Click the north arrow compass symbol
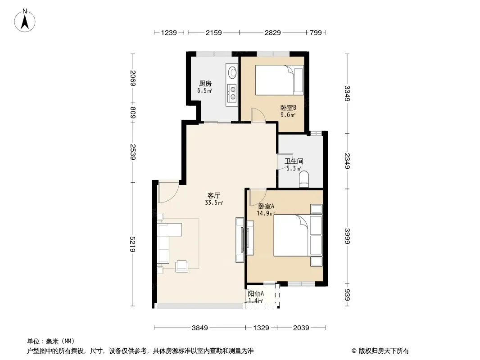[25, 20]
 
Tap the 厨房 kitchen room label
[205, 84]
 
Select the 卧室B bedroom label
[288, 108]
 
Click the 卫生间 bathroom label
[294, 161]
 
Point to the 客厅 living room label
[214, 195]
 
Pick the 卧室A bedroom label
[266, 207]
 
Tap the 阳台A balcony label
[256, 294]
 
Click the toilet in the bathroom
[304, 179]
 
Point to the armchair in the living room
[182, 266]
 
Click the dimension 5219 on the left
[132, 244]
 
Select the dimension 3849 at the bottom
[199, 328]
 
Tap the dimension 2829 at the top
[272, 32]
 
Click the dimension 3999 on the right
[347, 236]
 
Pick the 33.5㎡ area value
[214, 203]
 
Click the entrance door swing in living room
[168, 192]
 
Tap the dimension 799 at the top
[316, 32]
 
